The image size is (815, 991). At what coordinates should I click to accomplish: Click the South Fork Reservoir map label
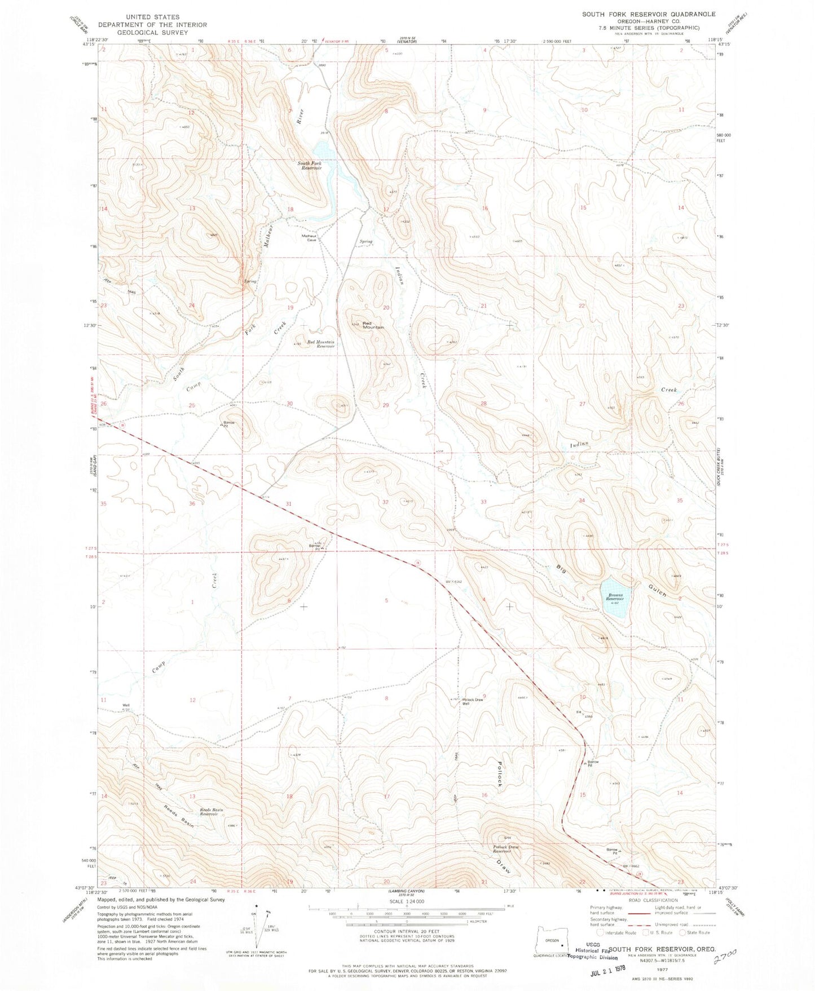pos(310,166)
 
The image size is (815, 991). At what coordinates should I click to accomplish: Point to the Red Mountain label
pos(373,325)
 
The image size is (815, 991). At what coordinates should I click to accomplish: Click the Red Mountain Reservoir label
pos(321,344)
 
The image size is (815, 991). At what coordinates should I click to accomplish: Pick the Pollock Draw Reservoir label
pos(505,849)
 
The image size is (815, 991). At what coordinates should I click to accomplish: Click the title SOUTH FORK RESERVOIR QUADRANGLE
pos(649,14)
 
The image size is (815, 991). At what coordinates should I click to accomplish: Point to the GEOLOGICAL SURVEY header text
pos(153,32)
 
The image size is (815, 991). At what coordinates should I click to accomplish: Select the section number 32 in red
pos(386,501)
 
